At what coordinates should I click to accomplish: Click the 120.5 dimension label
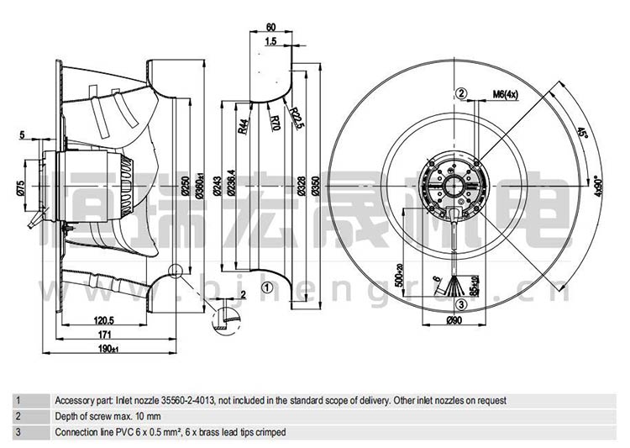[x=104, y=320]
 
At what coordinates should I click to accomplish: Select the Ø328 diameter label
[x=298, y=187]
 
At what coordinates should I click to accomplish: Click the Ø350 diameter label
[x=314, y=187]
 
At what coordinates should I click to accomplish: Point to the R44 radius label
[x=242, y=126]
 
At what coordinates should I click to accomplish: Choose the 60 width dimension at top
[x=271, y=27]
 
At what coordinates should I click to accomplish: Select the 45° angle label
[x=580, y=134]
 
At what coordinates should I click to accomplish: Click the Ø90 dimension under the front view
[x=454, y=320]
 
